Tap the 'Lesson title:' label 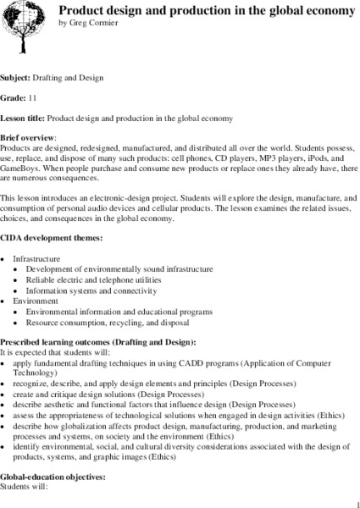(29, 117)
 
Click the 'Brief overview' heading (28, 136)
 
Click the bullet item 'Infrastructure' (36, 257)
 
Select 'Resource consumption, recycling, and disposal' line (105, 323)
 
